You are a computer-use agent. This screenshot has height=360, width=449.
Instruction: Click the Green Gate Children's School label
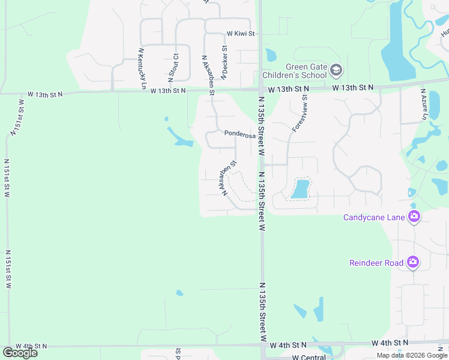tap(298, 71)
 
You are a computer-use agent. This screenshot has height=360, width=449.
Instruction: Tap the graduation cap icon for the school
tap(336, 71)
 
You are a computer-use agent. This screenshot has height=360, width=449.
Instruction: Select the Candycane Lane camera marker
tap(414, 217)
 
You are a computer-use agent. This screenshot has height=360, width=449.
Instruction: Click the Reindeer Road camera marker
tap(413, 262)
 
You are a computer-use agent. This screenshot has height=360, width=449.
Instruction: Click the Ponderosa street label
tap(240, 134)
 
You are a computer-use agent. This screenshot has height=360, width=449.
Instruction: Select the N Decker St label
tap(224, 62)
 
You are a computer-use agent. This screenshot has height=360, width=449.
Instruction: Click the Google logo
tap(20, 353)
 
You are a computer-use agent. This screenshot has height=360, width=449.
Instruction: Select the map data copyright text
tap(412, 355)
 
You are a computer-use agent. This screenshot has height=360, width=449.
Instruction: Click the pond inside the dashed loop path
tap(300, 190)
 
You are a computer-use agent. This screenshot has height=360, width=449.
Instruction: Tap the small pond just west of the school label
tap(271, 55)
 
